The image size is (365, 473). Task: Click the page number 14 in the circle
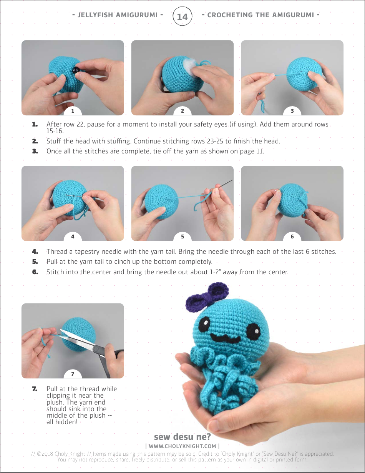pos(182,17)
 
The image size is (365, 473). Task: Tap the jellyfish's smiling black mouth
pos(225,340)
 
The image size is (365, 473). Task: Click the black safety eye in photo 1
pos(74,70)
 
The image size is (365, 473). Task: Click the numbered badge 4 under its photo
pos(73,237)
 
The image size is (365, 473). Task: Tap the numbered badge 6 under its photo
pos(292,237)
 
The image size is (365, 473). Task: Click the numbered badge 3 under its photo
pos(292,111)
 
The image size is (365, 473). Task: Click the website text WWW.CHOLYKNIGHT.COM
pos(182,446)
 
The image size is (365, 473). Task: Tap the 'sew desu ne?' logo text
pos(182,437)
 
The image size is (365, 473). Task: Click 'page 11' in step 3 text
pos(252,151)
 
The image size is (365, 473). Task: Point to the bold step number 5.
pos(35,262)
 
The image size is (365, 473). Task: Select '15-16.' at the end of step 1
pos(55,131)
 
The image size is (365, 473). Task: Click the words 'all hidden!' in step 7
pos(62,422)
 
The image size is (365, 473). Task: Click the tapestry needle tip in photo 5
pos(232,181)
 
